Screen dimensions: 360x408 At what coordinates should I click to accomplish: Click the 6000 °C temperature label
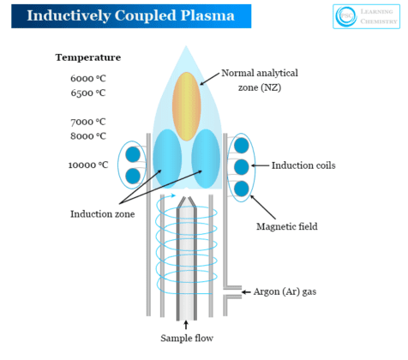pyautogui.click(x=87, y=79)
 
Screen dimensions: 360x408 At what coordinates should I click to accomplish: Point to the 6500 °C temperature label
pyautogui.click(x=87, y=93)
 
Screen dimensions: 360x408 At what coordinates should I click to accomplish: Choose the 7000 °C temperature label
pyautogui.click(x=87, y=122)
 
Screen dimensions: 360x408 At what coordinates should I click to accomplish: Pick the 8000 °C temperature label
pyautogui.click(x=87, y=135)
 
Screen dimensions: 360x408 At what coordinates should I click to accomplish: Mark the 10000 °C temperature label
pyautogui.click(x=88, y=165)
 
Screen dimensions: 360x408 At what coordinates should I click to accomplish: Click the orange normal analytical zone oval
pyautogui.click(x=186, y=101)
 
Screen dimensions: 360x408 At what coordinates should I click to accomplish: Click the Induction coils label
pyautogui.click(x=303, y=165)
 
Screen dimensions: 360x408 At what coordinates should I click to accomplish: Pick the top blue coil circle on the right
pyautogui.click(x=242, y=144)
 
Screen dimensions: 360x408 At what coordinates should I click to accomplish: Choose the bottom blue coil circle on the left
pyautogui.click(x=133, y=176)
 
